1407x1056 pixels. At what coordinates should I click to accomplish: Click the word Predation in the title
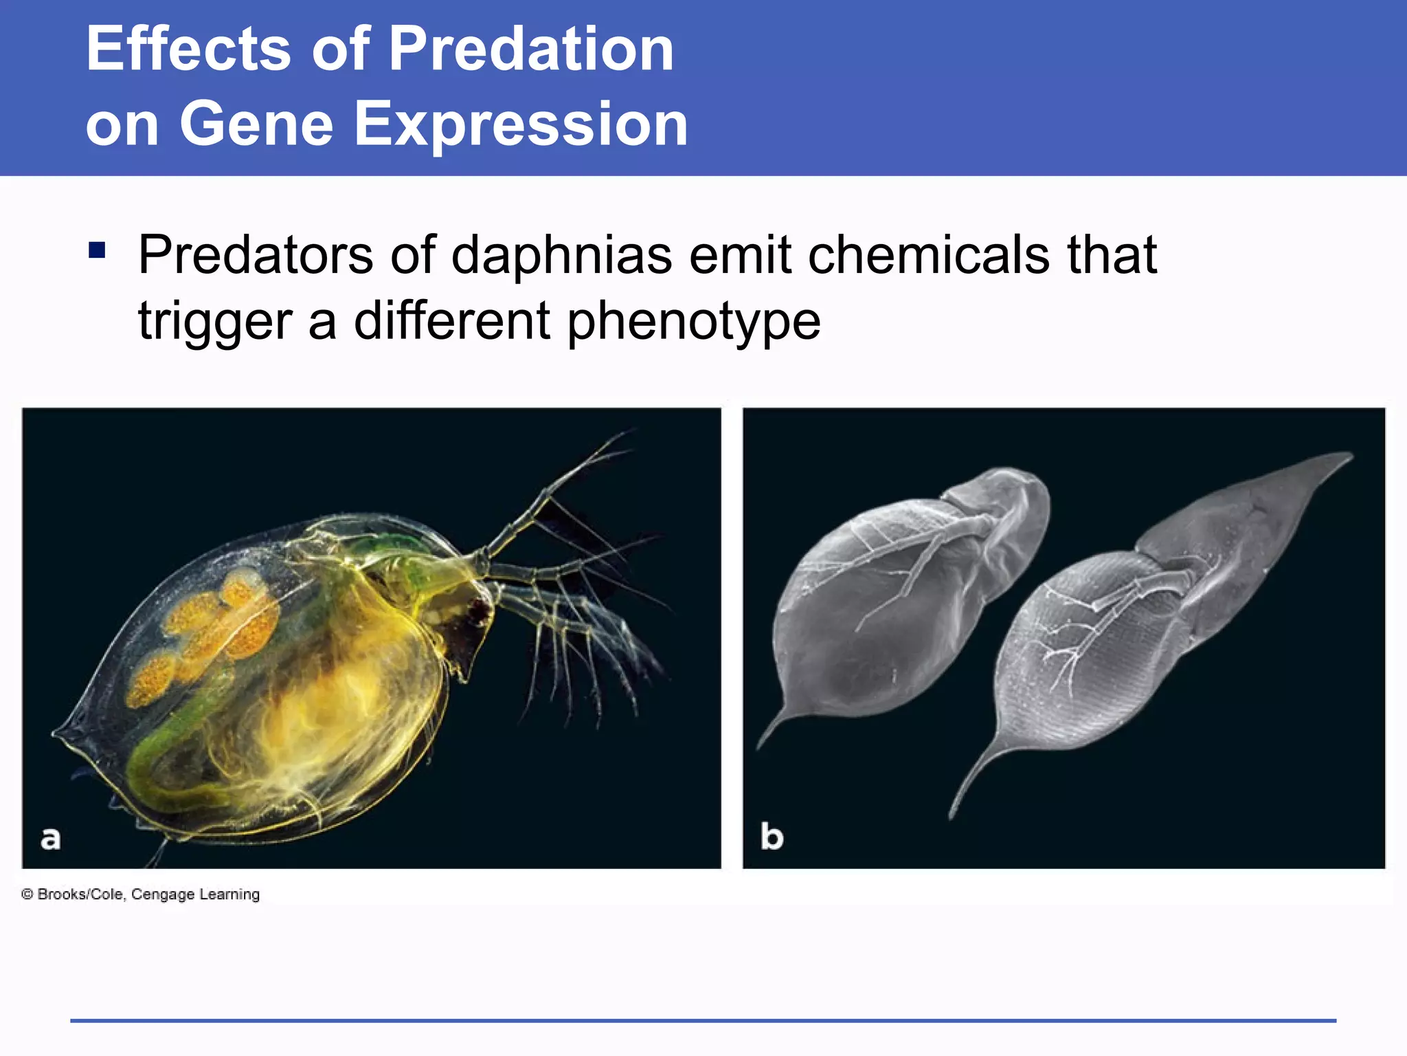pyautogui.click(x=531, y=49)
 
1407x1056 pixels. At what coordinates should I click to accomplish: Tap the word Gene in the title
pyautogui.click(x=256, y=124)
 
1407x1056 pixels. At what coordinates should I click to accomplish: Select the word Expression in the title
pyautogui.click(x=521, y=124)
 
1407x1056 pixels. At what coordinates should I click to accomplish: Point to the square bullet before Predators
pyautogui.click(x=97, y=250)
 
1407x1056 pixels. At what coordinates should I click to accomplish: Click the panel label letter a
pyautogui.click(x=50, y=839)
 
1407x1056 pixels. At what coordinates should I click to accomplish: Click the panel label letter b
pyautogui.click(x=772, y=837)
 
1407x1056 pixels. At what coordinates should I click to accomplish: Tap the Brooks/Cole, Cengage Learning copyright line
pyautogui.click(x=141, y=894)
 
